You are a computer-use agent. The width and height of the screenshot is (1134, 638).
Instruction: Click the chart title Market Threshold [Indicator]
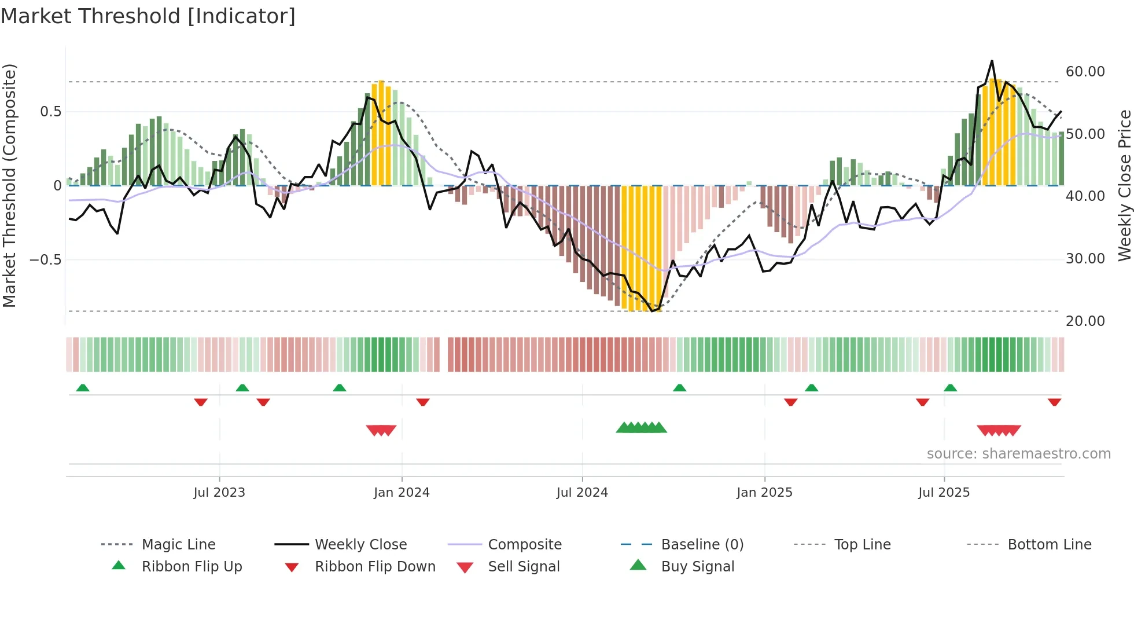pos(148,16)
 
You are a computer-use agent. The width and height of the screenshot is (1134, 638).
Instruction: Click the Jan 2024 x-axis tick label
pos(402,493)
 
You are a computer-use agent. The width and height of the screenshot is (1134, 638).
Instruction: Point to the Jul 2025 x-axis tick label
pos(944,493)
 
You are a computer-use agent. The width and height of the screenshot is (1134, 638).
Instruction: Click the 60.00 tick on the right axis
pos(1085,72)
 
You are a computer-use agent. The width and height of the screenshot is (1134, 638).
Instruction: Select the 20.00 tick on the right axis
pos(1085,321)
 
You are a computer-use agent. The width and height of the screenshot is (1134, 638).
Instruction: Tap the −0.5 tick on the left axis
pos(46,259)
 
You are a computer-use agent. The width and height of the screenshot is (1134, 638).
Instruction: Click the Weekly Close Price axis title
pos(1124,185)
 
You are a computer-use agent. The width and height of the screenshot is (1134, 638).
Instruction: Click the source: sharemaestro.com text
pos(1018,454)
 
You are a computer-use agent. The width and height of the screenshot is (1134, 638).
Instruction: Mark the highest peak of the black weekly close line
pos(992,61)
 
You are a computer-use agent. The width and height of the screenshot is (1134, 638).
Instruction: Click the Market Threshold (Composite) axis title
pos(9,185)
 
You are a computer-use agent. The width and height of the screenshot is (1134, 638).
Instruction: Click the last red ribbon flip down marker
pos(1054,402)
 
